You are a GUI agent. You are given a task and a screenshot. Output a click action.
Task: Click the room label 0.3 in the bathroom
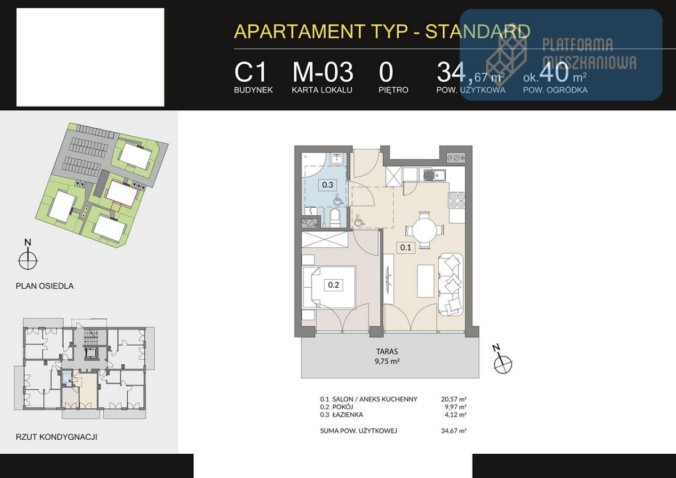(327, 185)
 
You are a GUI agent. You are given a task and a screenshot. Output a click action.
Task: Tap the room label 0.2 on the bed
(333, 285)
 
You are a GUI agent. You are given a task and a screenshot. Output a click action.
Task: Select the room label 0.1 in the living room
(406, 248)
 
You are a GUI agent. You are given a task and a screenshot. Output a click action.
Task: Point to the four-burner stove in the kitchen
(457, 200)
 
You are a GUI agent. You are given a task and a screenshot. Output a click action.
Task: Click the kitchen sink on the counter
(434, 175)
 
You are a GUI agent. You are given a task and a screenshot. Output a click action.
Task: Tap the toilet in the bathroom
(335, 218)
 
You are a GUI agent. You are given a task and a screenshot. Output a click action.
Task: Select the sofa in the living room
(451, 284)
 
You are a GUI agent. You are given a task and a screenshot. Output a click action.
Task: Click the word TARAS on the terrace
(387, 351)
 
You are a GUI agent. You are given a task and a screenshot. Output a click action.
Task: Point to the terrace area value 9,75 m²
(387, 361)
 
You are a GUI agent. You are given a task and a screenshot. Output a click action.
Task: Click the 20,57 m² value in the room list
(453, 399)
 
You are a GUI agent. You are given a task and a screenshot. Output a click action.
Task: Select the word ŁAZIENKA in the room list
(348, 415)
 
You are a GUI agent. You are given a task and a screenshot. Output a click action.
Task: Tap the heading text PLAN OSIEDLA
(45, 286)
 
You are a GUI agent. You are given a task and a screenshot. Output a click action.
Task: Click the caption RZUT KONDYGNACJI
(56, 437)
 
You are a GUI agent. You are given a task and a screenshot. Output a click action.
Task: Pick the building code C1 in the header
(250, 73)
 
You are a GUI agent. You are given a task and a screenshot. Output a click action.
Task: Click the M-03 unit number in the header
(323, 73)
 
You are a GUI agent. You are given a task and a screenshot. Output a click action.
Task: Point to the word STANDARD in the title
(478, 32)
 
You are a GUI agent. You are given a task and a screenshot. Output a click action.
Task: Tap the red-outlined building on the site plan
(122, 193)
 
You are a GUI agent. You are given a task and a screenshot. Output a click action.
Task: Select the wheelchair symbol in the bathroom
(339, 200)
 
